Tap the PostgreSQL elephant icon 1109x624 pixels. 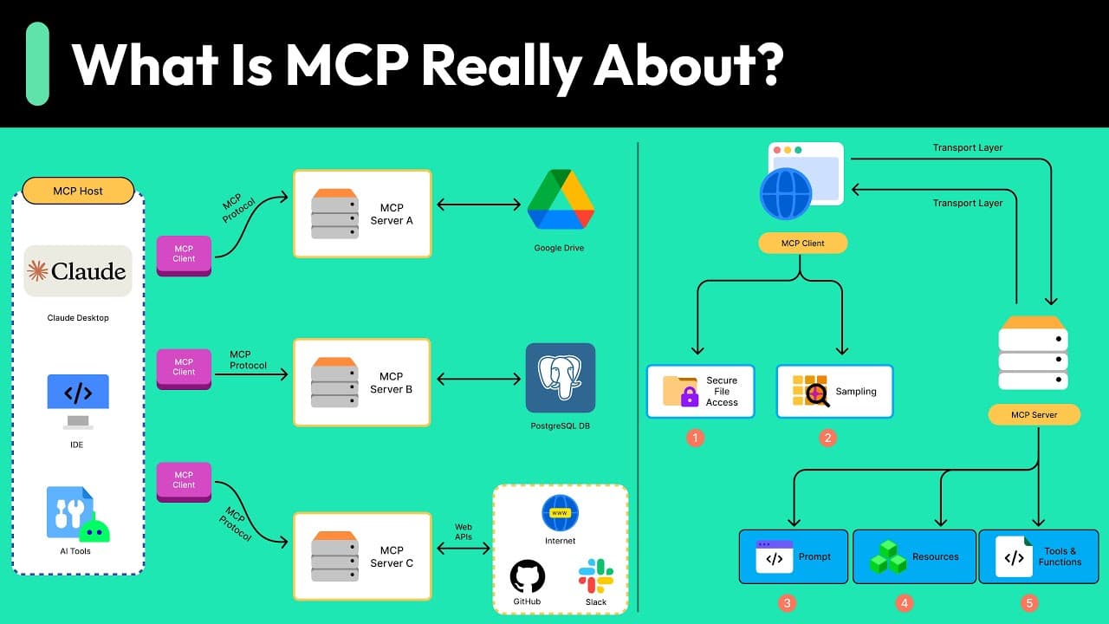(560, 378)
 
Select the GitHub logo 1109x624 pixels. (527, 575)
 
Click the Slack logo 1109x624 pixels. (596, 575)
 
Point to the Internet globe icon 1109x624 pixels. (560, 513)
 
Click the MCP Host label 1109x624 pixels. (78, 191)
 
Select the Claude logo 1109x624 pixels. (78, 271)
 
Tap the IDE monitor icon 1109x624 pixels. (78, 400)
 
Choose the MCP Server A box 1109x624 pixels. (362, 214)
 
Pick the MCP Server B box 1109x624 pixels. (362, 382)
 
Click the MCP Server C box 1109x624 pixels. (362, 556)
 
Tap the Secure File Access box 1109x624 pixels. (700, 392)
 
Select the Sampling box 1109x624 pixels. (834, 392)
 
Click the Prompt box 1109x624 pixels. (794, 556)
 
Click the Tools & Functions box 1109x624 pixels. (1038, 556)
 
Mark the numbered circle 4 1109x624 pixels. (905, 603)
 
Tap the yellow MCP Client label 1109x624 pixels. (802, 244)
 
